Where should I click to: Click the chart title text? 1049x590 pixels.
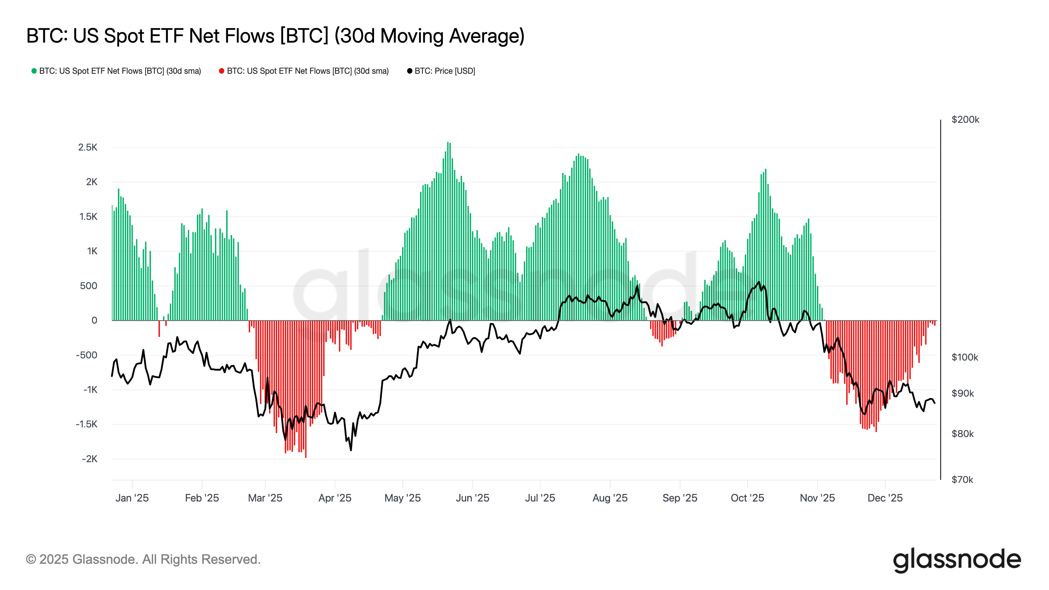coord(275,36)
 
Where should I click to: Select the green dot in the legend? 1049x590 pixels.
coord(34,71)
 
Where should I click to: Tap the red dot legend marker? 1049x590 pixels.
coord(222,71)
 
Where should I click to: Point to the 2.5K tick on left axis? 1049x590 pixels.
coord(88,147)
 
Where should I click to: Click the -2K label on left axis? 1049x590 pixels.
coord(89,459)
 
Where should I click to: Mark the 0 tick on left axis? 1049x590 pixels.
coord(94,321)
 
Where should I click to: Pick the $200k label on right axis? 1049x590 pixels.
coord(965,120)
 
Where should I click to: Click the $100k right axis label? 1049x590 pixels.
coord(964,358)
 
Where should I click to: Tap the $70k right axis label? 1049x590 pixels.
coord(962,480)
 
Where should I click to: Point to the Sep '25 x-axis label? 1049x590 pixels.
coord(680,498)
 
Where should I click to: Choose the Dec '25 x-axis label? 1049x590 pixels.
coord(885,498)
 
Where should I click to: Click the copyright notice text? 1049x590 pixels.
coord(143,560)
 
